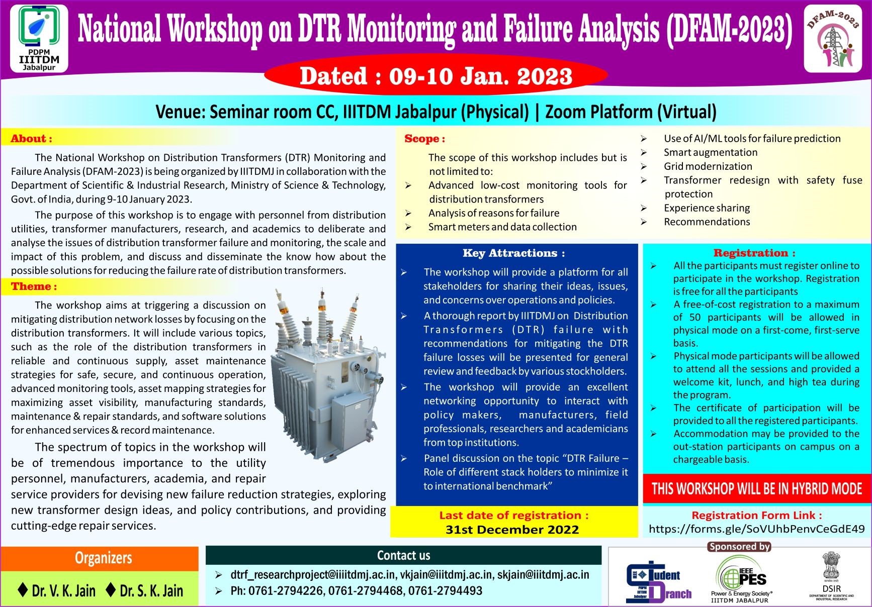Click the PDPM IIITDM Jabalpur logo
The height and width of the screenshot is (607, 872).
(39, 38)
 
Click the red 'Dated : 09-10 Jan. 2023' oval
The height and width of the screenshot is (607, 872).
(435, 76)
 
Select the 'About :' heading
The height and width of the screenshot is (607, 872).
(31, 139)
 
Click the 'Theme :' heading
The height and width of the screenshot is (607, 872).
(34, 286)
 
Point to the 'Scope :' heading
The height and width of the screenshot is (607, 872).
(424, 139)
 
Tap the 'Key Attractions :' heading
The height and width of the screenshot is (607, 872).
(513, 253)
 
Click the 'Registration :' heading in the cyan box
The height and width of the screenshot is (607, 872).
(754, 253)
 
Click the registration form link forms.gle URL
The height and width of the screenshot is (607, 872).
(756, 529)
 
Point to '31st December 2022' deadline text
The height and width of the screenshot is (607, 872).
(512, 530)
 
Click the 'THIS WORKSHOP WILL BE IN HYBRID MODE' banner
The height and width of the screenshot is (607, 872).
(756, 488)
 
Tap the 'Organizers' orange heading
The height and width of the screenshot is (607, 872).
(103, 558)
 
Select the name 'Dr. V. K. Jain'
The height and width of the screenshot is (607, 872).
(57, 590)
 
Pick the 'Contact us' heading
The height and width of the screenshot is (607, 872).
(403, 555)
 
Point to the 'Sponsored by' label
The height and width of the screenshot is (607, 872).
(739, 546)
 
